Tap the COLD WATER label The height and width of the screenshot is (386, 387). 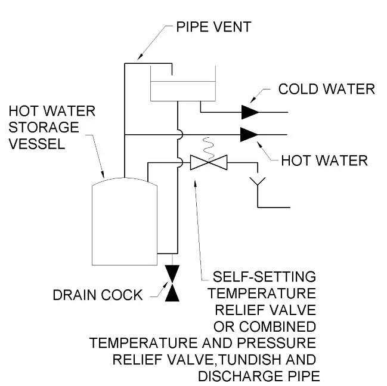tap(326, 89)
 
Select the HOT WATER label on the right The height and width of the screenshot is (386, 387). tap(324, 161)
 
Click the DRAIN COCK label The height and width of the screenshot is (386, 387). tap(98, 294)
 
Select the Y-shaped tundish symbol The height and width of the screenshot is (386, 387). tap(258, 179)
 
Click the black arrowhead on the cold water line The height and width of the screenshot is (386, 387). tap(250, 112)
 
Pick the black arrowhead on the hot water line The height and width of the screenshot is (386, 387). tap(250, 134)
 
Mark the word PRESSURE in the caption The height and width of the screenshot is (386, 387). tap(274, 344)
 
